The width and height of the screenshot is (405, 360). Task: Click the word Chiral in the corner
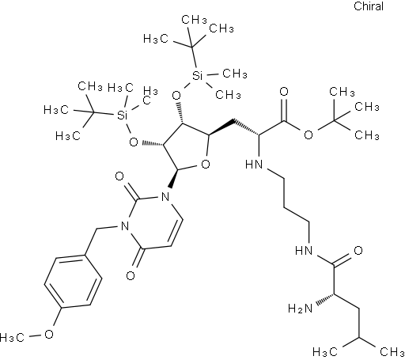pyautogui.click(x=369, y=6)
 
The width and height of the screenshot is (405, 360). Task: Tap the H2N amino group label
pyautogui.click(x=300, y=308)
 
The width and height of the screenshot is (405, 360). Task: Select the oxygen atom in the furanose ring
pyautogui.click(x=206, y=165)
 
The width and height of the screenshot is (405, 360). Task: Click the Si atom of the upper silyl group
pyautogui.click(x=197, y=76)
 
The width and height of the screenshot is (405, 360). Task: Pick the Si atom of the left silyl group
pyautogui.click(x=122, y=115)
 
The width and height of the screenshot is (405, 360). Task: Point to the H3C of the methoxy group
pyautogui.click(x=12, y=337)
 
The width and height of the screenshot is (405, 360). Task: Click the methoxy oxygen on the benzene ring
pyautogui.click(x=49, y=334)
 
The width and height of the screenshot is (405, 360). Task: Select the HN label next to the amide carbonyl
pyautogui.click(x=304, y=250)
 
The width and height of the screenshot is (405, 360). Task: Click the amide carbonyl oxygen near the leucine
pyautogui.click(x=358, y=250)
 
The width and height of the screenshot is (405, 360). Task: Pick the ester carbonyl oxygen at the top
pyautogui.click(x=284, y=92)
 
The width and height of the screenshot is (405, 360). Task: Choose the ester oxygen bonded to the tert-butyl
pyautogui.click(x=308, y=135)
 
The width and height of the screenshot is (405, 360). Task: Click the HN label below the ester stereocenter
pyautogui.click(x=254, y=165)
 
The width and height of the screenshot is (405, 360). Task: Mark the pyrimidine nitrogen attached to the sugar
pyautogui.click(x=165, y=196)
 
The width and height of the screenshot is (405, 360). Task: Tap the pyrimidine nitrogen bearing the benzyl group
pyautogui.click(x=124, y=225)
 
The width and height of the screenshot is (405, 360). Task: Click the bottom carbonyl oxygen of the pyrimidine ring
pyautogui.click(x=131, y=275)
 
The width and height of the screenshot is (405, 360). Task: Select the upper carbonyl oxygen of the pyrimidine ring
pyautogui.click(x=119, y=176)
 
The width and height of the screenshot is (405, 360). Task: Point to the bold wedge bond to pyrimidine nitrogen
pyautogui.click(x=174, y=179)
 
